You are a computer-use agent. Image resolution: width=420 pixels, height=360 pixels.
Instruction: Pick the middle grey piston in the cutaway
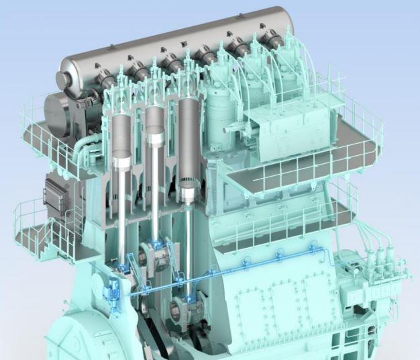click(155, 128)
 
